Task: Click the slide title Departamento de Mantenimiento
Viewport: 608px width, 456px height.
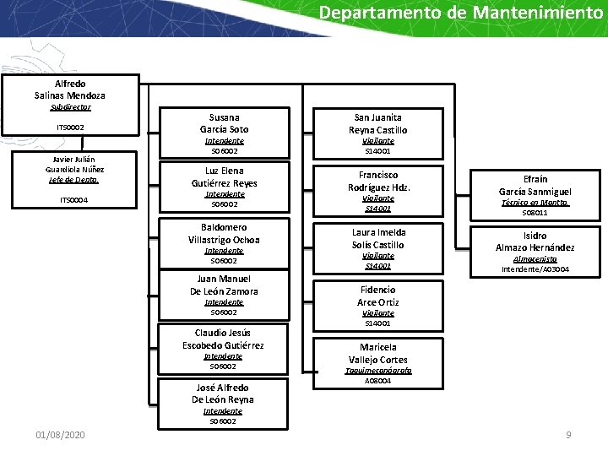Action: click(x=461, y=14)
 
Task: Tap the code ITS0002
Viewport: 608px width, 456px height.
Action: click(x=70, y=128)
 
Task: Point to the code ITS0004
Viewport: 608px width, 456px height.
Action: click(x=74, y=200)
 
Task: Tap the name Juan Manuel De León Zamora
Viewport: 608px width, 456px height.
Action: click(x=225, y=285)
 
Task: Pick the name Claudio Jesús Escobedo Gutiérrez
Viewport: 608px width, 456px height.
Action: click(x=224, y=339)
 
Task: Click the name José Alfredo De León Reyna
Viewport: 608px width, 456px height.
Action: click(x=223, y=394)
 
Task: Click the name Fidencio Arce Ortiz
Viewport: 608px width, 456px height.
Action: click(x=378, y=296)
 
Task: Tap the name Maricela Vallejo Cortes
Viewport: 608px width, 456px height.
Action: click(x=378, y=353)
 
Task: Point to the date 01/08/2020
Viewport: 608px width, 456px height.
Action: click(x=60, y=434)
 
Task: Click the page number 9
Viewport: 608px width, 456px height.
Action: click(x=568, y=434)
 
